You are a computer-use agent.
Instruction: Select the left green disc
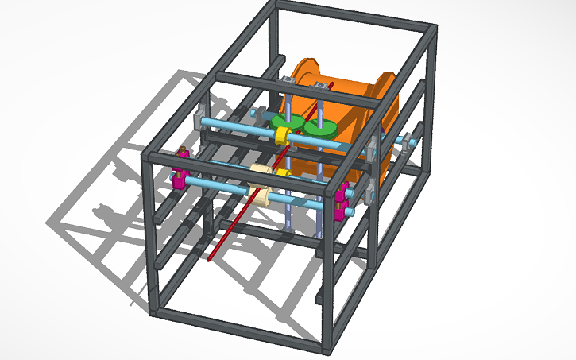coord(283,123)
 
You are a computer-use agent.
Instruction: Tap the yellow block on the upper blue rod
coord(281,137)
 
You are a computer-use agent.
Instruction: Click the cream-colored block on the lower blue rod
coord(261,195)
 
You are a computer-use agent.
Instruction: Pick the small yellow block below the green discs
coord(280,171)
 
